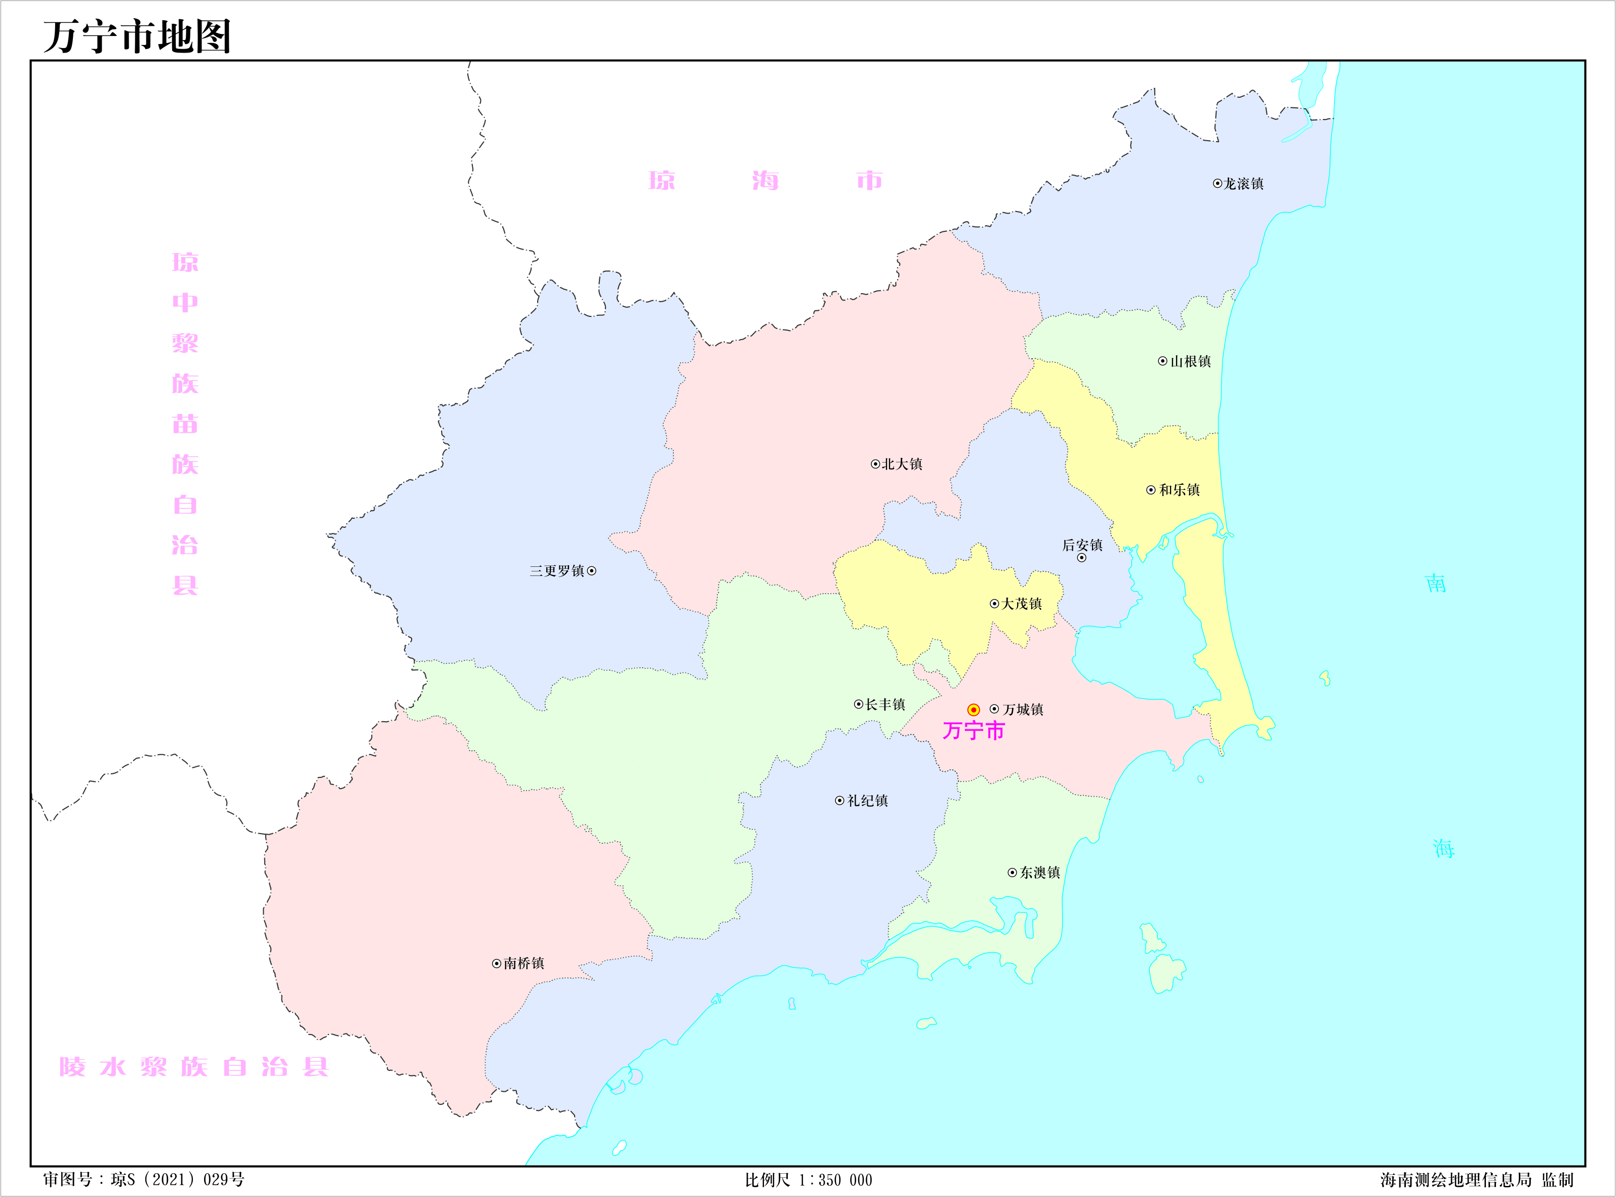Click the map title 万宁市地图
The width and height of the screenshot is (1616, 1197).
(137, 37)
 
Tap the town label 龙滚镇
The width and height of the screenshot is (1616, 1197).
(1243, 184)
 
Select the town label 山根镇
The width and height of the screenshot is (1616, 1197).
(1190, 361)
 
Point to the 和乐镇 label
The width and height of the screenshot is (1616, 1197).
(1179, 490)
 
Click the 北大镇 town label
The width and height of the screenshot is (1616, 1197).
(902, 465)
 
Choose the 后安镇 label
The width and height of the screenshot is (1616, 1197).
(1082, 546)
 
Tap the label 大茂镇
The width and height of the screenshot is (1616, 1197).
(1021, 604)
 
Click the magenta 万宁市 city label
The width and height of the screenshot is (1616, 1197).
(973, 731)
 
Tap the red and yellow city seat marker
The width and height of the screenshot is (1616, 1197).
(973, 710)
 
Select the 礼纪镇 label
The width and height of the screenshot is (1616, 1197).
(867, 801)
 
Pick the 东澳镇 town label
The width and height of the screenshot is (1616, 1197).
(1040, 873)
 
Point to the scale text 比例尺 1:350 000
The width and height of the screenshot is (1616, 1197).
(808, 1180)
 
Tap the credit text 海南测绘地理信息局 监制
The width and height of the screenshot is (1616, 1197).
(1476, 1180)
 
